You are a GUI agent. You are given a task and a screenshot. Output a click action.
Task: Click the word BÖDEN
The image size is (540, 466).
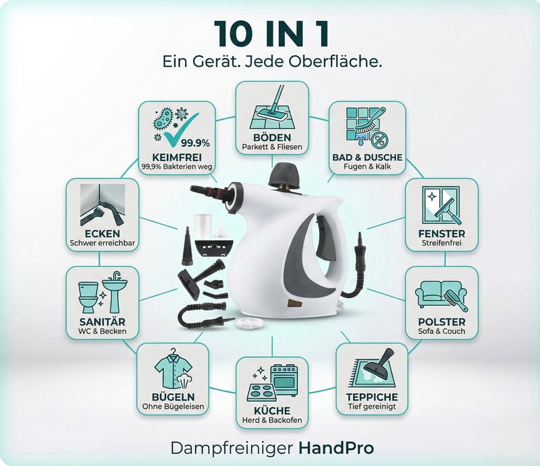[272, 138]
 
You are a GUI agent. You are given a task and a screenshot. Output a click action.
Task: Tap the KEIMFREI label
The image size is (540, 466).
[177, 157]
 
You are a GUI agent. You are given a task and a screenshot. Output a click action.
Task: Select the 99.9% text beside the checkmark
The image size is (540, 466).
[195, 143]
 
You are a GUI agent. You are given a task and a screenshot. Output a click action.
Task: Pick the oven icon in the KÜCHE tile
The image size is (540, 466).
[284, 380]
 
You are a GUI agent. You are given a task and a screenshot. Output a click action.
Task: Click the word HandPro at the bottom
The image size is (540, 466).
[336, 448]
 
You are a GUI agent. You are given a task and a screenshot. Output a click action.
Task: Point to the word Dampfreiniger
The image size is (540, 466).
[232, 448]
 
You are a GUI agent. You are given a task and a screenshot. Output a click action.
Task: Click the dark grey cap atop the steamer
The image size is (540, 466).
[284, 176]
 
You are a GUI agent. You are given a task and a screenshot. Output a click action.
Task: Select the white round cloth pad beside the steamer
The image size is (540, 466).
[250, 323]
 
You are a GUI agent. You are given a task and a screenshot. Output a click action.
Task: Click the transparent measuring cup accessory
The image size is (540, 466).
[203, 226]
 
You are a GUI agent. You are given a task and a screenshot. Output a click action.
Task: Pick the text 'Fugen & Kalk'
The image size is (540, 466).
[367, 167]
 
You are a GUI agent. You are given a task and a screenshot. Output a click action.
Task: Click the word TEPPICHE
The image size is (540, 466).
[372, 397]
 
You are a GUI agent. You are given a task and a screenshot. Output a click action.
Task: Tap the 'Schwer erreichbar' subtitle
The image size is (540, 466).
[103, 243]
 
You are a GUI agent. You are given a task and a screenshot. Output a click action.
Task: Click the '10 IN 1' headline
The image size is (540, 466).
[272, 34]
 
